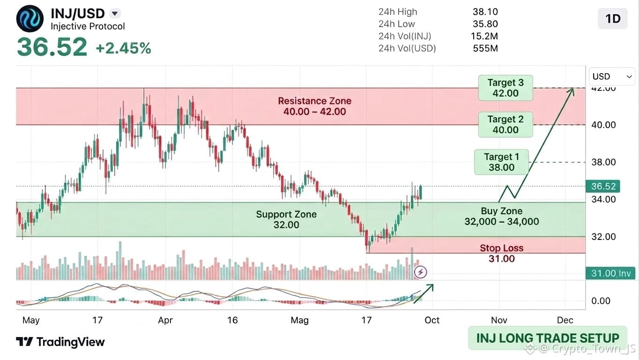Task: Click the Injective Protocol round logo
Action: click(30, 19)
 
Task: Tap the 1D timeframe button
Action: click(612, 19)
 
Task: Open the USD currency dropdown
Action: click(612, 76)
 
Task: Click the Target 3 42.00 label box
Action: click(505, 88)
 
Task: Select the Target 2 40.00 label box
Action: click(505, 125)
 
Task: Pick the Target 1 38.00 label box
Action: click(501, 162)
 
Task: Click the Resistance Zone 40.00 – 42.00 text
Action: click(315, 106)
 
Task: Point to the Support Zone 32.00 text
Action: click(286, 219)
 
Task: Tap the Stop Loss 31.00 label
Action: click(501, 253)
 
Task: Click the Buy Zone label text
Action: click(501, 216)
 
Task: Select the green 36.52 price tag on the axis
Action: click(603, 186)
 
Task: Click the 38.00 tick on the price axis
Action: click(603, 162)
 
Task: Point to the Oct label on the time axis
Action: click(432, 320)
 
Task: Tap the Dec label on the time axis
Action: click(565, 320)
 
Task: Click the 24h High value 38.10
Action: click(485, 12)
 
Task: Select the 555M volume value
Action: click(485, 48)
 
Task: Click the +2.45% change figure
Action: click(123, 48)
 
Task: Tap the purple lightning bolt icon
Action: click(421, 272)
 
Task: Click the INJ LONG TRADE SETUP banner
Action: click(548, 338)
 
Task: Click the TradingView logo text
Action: click(60, 342)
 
